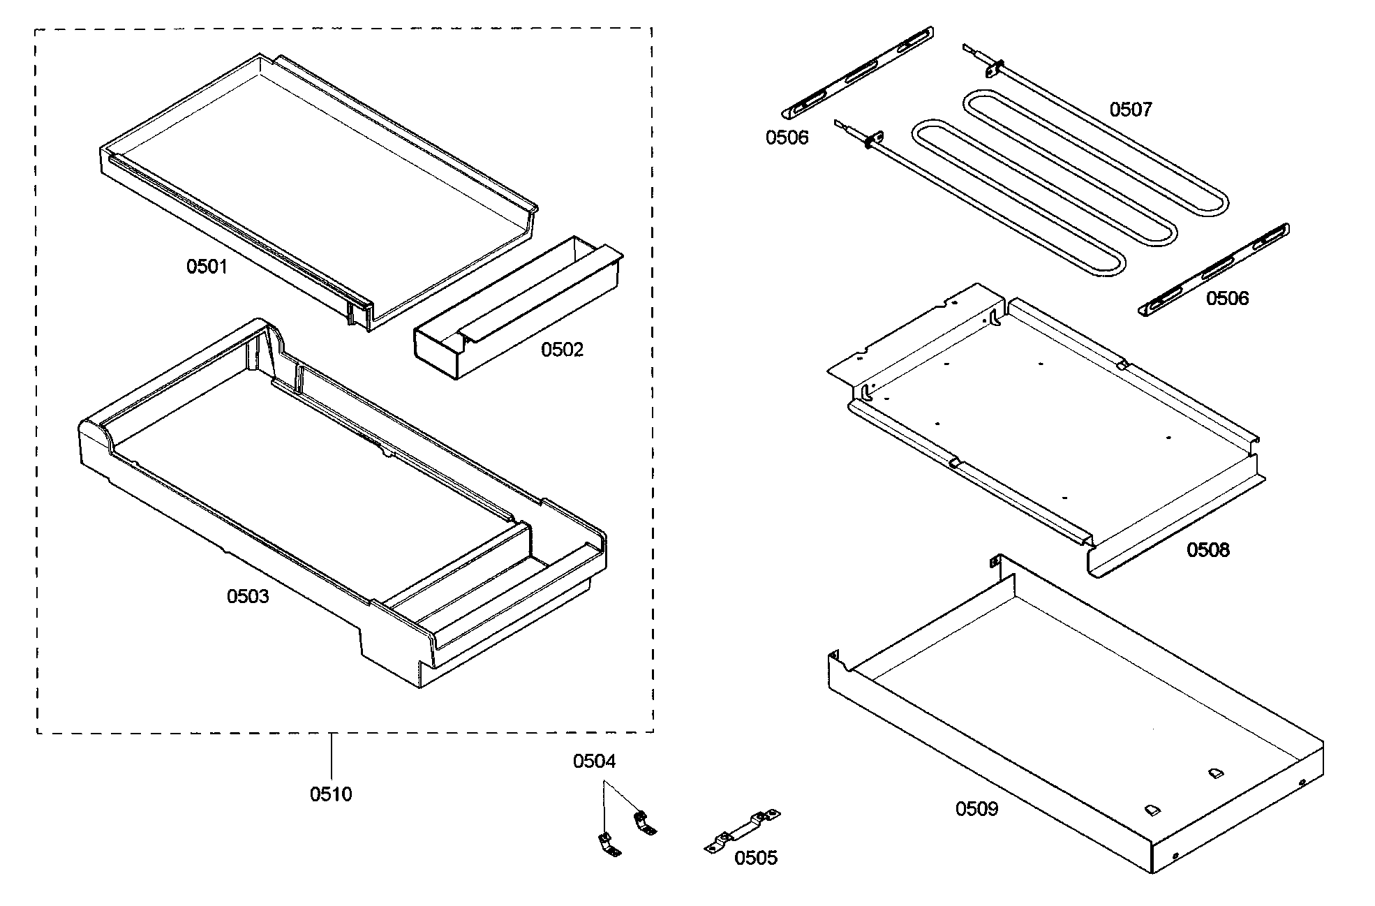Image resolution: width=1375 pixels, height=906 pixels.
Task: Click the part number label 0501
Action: tap(207, 267)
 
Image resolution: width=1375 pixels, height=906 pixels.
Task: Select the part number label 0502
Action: tap(562, 350)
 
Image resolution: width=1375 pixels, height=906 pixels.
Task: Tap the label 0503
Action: tap(247, 597)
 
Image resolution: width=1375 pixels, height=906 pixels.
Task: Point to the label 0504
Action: tap(594, 762)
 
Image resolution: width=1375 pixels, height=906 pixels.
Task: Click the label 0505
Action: tap(755, 858)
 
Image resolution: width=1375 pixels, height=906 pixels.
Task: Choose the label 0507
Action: tap(1131, 110)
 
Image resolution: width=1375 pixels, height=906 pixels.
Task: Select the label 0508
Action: tap(1207, 550)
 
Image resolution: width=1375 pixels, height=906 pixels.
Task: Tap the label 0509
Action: tap(976, 809)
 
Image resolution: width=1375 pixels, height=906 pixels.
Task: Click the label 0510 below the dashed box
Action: tap(331, 794)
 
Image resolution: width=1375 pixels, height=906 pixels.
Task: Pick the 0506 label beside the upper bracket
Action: tap(787, 138)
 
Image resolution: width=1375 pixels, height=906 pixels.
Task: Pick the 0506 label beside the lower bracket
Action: tap(1227, 299)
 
